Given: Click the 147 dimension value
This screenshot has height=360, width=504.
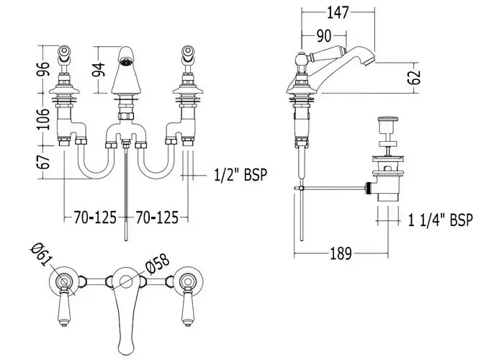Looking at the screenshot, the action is click(x=338, y=12).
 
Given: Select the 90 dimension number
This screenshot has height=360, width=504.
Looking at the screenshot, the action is click(x=324, y=36).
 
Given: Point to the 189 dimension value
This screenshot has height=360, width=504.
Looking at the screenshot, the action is click(x=341, y=253).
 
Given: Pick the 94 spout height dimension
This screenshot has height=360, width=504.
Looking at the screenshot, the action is click(x=99, y=69).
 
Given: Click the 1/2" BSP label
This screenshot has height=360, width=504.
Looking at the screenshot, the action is click(x=240, y=175).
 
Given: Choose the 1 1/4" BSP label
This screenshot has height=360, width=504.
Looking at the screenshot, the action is click(x=441, y=220).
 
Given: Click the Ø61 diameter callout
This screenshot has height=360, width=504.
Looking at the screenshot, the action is click(x=42, y=254).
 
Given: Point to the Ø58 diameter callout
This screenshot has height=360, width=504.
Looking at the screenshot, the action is click(x=157, y=263).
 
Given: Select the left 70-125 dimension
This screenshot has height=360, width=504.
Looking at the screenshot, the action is click(x=95, y=217).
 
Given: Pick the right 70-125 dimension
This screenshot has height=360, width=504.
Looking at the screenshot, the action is click(x=156, y=217).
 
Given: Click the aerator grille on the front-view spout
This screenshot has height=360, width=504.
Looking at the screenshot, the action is click(x=126, y=61).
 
